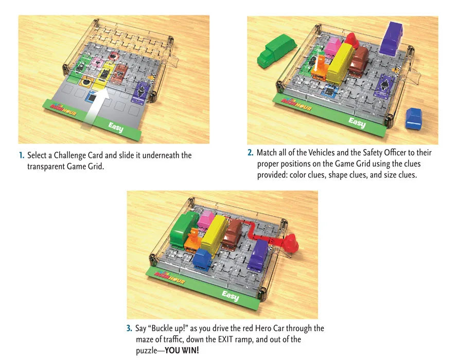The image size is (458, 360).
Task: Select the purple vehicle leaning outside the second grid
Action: pyautogui.click(x=392, y=39)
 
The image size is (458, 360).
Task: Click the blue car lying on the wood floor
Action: pyautogui.click(x=414, y=118)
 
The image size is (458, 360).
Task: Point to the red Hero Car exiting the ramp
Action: pyautogui.click(x=291, y=243)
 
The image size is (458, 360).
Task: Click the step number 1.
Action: pyautogui.click(x=21, y=155)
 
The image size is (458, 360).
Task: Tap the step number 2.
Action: pyautogui.click(x=250, y=152)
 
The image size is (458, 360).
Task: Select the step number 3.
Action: pyautogui.click(x=129, y=328)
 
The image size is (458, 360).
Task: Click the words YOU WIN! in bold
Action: pyautogui.click(x=182, y=350)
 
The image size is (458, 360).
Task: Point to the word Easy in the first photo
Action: pyautogui.click(x=116, y=127)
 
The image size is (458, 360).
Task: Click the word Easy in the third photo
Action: pyautogui.click(x=230, y=296)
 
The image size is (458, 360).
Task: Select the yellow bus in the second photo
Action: pyautogui.click(x=340, y=64)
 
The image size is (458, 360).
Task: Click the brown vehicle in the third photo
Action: pyautogui.click(x=232, y=234)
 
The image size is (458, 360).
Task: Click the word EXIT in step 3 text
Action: pyautogui.click(x=226, y=339)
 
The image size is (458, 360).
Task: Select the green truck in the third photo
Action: pyautogui.click(x=183, y=229)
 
